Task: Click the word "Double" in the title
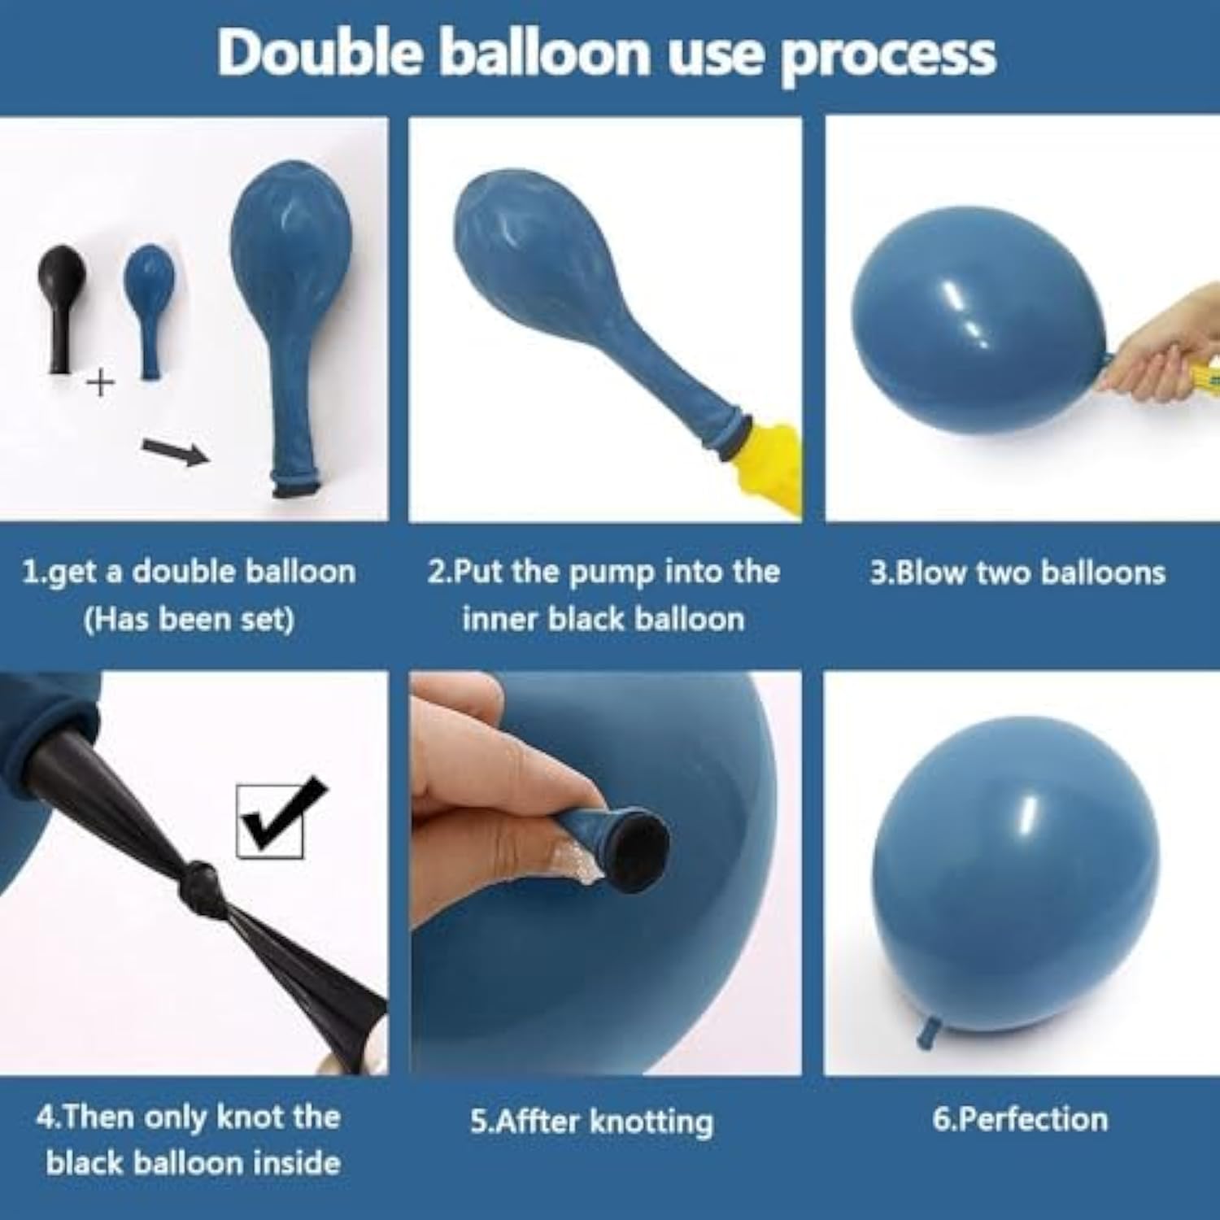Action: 320,53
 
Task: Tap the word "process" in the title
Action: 888,54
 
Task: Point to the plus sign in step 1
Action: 100,381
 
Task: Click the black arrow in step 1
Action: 175,451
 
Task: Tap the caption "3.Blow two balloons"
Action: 1017,573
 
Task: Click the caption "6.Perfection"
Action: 1020,1119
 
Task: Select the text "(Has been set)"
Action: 189,620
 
